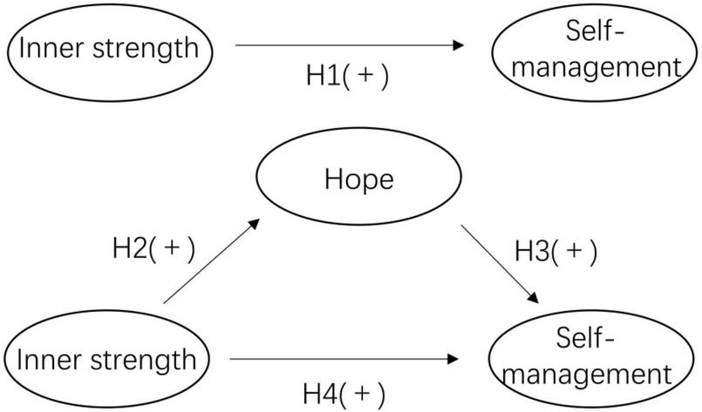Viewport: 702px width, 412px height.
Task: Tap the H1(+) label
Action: [x=346, y=76]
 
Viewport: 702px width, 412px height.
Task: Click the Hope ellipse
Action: [x=358, y=180]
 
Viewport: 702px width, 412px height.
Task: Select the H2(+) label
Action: [x=153, y=248]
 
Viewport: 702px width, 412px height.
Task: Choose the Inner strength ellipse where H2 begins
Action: [x=107, y=358]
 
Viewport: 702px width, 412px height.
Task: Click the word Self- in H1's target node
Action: [x=587, y=33]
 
